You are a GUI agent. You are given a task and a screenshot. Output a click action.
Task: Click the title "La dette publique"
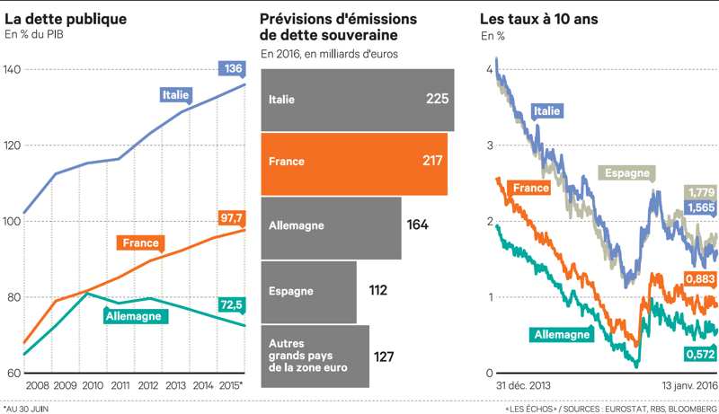pos(65,18)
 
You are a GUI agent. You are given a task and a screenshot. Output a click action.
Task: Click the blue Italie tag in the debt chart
pos(175,94)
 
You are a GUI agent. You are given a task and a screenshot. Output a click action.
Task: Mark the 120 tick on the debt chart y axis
pos(13,145)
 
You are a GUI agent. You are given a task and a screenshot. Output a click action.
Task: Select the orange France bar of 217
pos(354,163)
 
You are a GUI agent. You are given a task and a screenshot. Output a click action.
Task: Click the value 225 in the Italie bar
pos(437,99)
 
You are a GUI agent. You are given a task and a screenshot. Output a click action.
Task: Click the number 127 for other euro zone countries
pos(385,357)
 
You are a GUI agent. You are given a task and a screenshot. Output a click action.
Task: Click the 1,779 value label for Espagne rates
pos(701,192)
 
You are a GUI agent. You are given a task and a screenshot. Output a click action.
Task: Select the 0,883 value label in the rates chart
pos(701,281)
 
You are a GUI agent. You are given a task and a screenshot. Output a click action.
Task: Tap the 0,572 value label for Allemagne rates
pos(701,355)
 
